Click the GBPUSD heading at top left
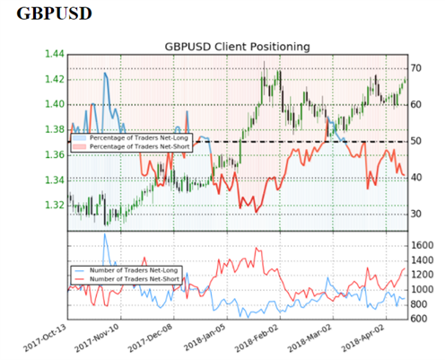pos(54,13)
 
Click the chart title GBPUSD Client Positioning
pos(237,47)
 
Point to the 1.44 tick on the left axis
pos(55,54)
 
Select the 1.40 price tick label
pos(55,104)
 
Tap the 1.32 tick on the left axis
pos(55,205)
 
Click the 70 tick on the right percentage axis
pos(416,68)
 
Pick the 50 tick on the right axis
pos(416,141)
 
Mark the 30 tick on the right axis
pos(416,214)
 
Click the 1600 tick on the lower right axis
pos(423,246)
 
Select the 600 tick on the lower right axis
pos(419,319)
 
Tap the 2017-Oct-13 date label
pos(46,338)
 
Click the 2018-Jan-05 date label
pos(205,338)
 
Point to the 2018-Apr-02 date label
pos(363,338)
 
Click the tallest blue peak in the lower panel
pos(104,233)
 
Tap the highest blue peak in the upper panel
pos(105,73)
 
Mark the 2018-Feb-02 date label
pos(257,338)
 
